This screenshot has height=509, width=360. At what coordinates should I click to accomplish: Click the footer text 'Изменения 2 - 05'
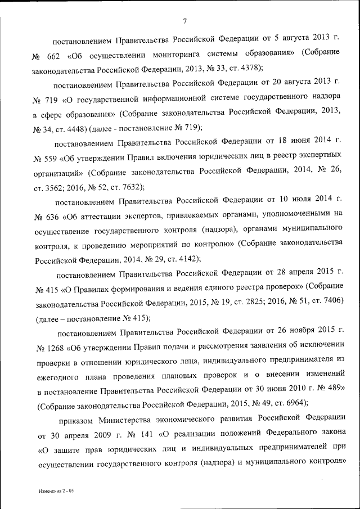(57, 491)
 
